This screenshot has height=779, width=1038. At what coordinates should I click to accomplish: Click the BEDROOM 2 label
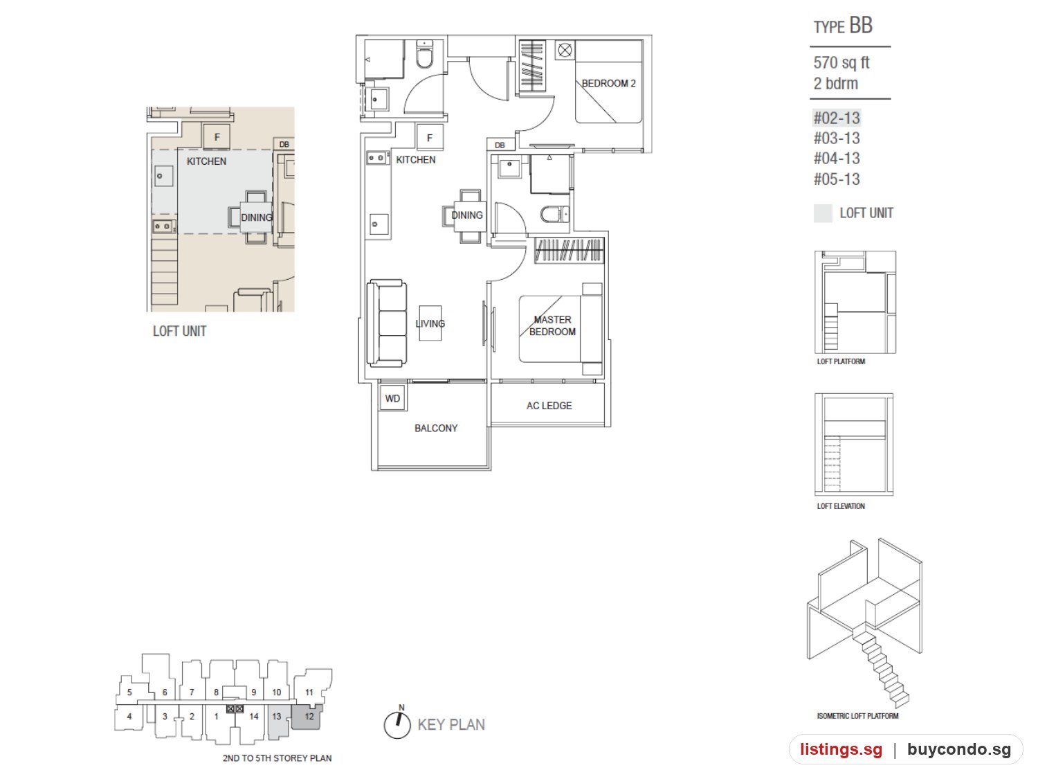coord(608,83)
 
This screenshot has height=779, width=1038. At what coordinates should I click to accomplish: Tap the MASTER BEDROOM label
coord(552,325)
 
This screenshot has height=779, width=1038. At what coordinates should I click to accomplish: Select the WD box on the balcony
coord(392,397)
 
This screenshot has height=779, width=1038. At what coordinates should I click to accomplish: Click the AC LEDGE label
coord(549,405)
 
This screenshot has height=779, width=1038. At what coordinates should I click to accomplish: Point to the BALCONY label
coord(435,428)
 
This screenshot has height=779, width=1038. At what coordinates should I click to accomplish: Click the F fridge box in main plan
coord(430,137)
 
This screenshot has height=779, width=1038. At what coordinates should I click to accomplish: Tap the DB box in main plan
coord(500,145)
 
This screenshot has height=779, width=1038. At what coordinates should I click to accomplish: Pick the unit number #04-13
coord(836,159)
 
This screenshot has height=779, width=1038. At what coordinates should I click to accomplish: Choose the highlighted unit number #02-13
coord(836,118)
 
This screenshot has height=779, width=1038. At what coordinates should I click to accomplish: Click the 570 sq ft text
coord(841,62)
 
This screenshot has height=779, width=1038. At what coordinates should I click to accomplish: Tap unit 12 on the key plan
coord(309,716)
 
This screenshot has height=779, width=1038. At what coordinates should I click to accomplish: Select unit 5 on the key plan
coord(129,692)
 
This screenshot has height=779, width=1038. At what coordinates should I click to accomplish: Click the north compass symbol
coord(397,723)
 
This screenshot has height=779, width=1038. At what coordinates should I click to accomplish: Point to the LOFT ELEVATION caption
coord(840,505)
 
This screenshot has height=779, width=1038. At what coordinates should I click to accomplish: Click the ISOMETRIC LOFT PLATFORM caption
coord(857,715)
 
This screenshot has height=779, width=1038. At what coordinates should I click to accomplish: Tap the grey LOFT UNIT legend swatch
coord(822,213)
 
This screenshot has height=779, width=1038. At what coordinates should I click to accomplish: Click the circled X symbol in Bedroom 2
coord(565,50)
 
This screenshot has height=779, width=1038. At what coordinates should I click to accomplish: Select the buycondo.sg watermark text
coord(959,749)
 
